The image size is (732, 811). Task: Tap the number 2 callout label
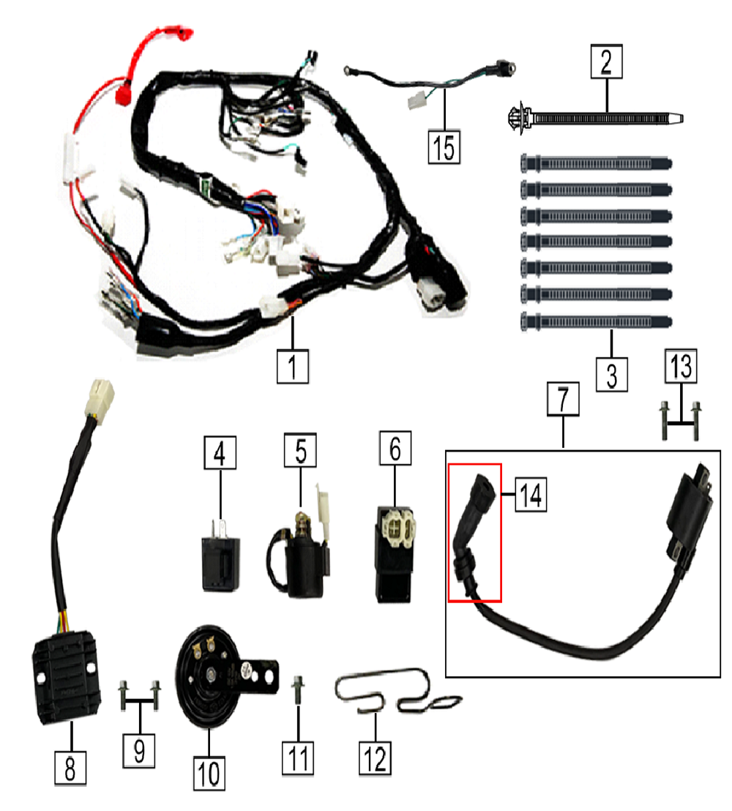tap(606, 63)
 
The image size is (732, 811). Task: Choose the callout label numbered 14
tap(530, 494)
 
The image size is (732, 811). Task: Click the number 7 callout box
tap(563, 400)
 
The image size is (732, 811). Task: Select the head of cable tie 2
tap(520, 117)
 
